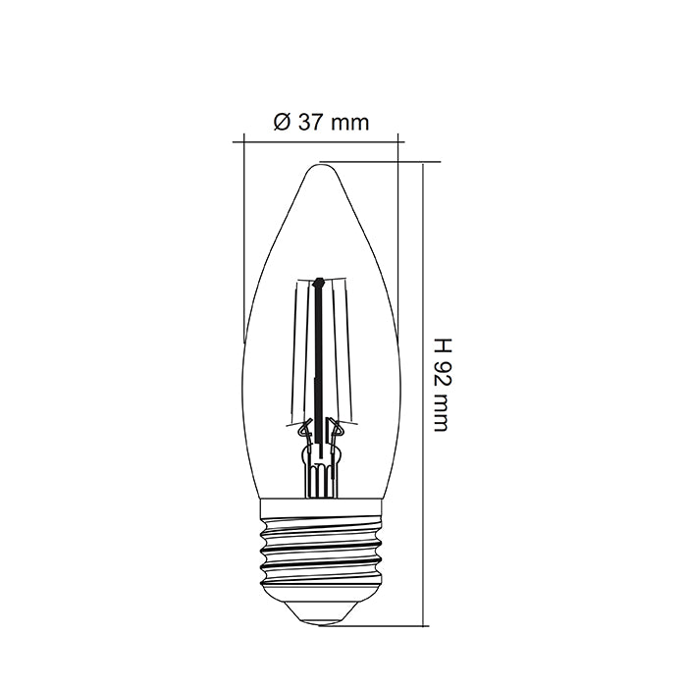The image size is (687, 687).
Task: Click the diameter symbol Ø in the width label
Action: coord(282,123)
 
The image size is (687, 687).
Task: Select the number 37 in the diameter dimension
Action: coord(310,123)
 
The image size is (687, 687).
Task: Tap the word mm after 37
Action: coord(349,123)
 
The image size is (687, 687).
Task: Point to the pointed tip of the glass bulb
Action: coord(320,164)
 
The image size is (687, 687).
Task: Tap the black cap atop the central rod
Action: coord(318,284)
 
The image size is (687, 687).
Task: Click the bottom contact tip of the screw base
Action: coord(320,618)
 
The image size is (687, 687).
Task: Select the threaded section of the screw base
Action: coord(320,555)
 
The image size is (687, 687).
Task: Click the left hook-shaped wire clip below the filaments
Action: coord(303,428)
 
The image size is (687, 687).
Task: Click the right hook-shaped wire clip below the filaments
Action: coord(337,428)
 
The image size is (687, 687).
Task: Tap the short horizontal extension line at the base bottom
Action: coord(388,624)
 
